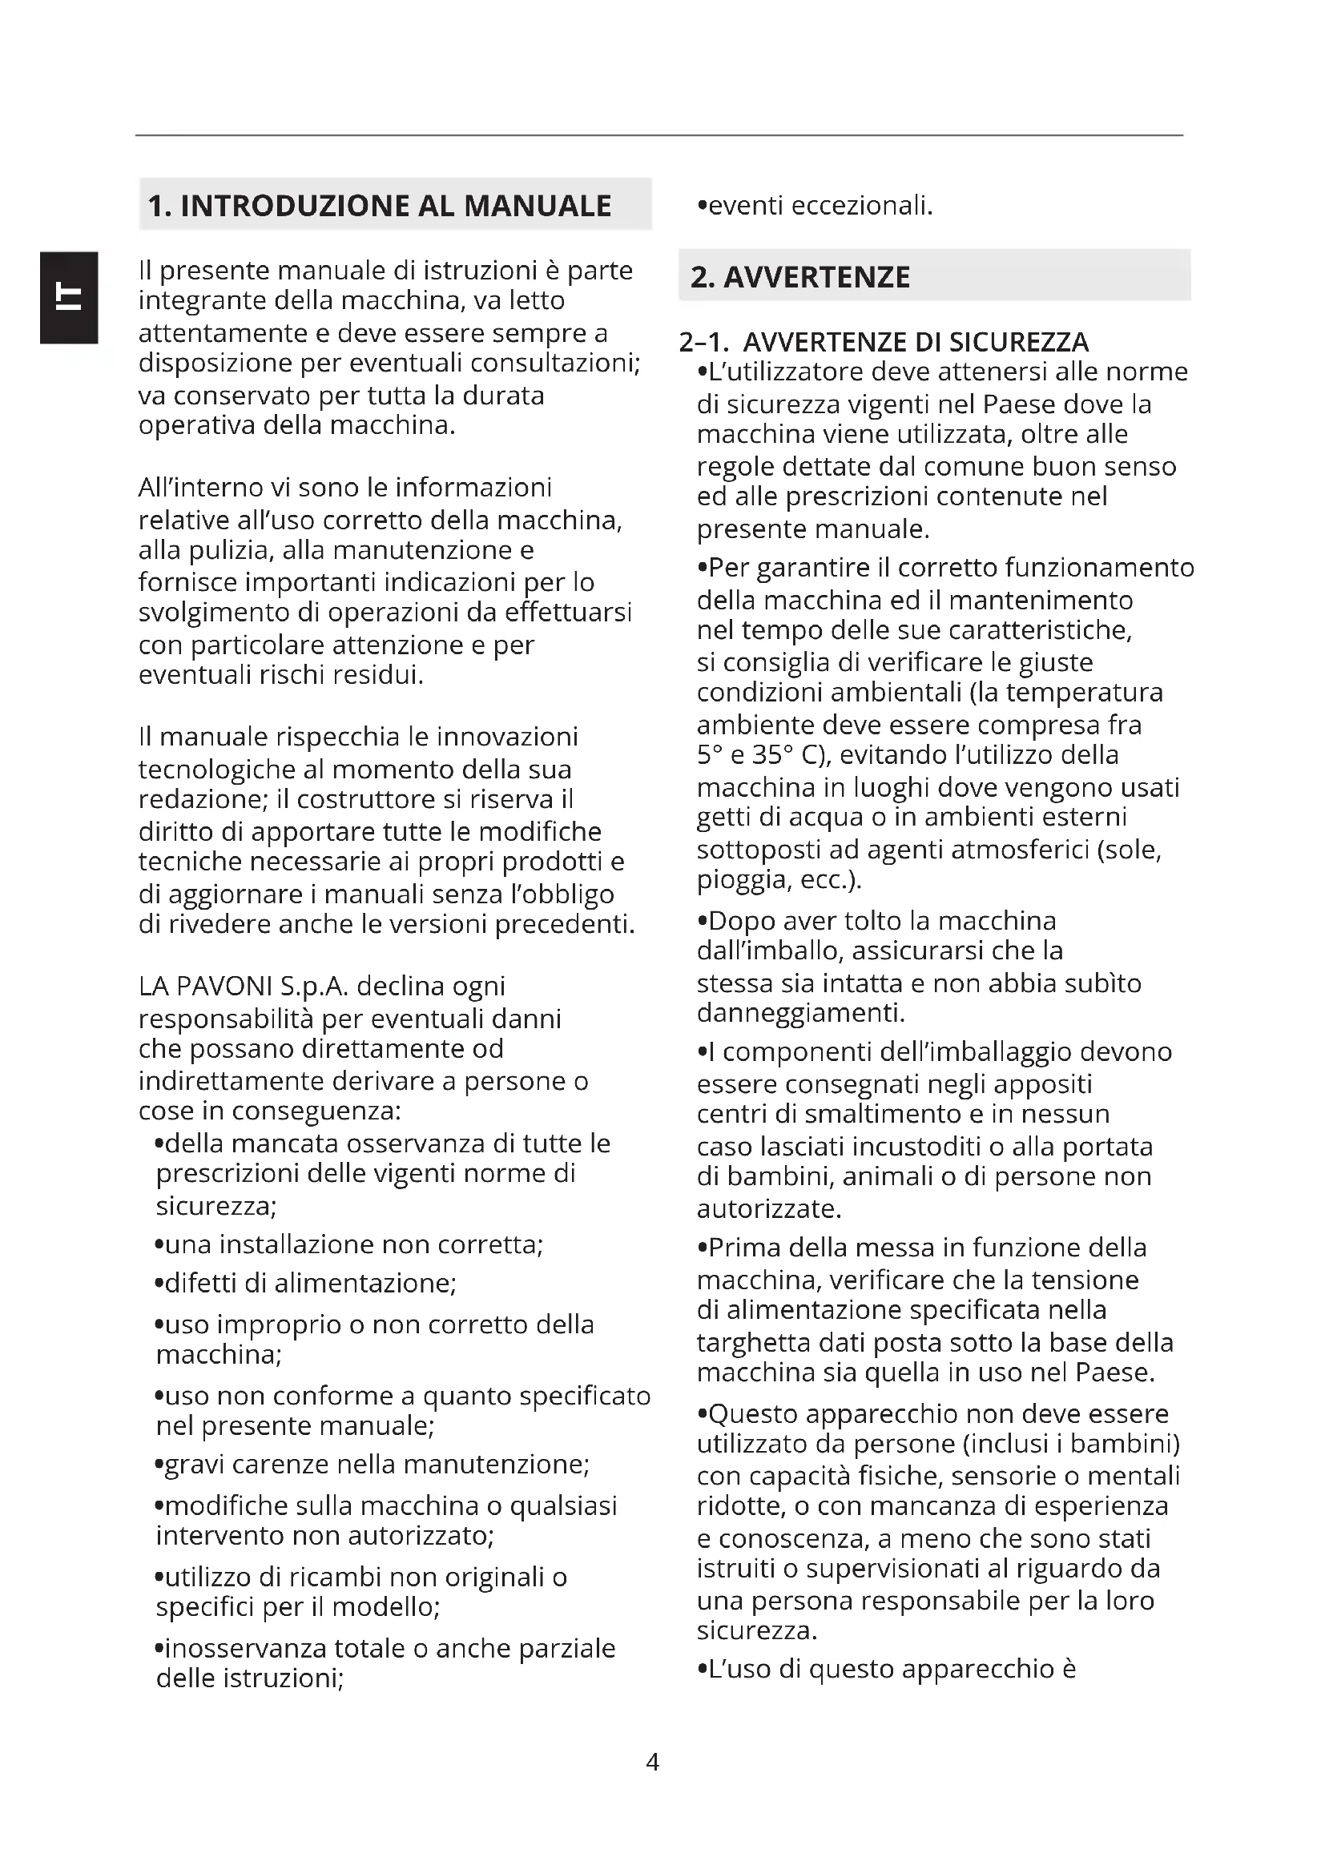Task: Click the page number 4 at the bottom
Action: coord(652,1762)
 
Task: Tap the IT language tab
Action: coord(69,298)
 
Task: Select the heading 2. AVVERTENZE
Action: coord(799,277)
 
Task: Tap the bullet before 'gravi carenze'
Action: coord(159,1465)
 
